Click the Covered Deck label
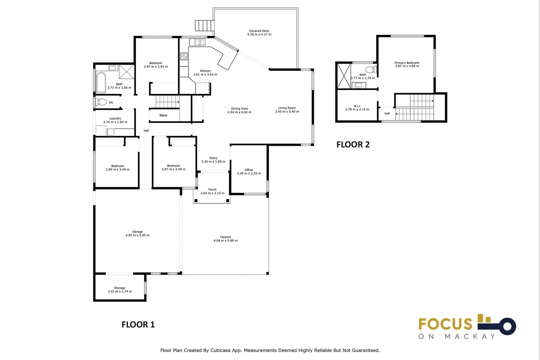[x=259, y=31]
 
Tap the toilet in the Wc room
[x=101, y=102]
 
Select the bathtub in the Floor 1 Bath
[x=101, y=82]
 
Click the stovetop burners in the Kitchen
[x=184, y=56]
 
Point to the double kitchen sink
[x=197, y=42]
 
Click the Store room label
[x=163, y=115]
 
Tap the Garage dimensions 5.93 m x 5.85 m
[x=137, y=235]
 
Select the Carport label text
[x=225, y=237]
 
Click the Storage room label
[x=120, y=288]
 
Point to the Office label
[x=249, y=170]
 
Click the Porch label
[x=212, y=190]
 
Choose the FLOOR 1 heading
[x=138, y=325]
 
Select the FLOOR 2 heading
[x=353, y=144]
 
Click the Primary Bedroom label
[x=407, y=63]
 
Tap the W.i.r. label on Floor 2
[x=357, y=106]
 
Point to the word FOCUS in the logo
[x=445, y=324]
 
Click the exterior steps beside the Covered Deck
[x=205, y=26]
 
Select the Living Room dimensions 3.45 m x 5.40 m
[x=287, y=111]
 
